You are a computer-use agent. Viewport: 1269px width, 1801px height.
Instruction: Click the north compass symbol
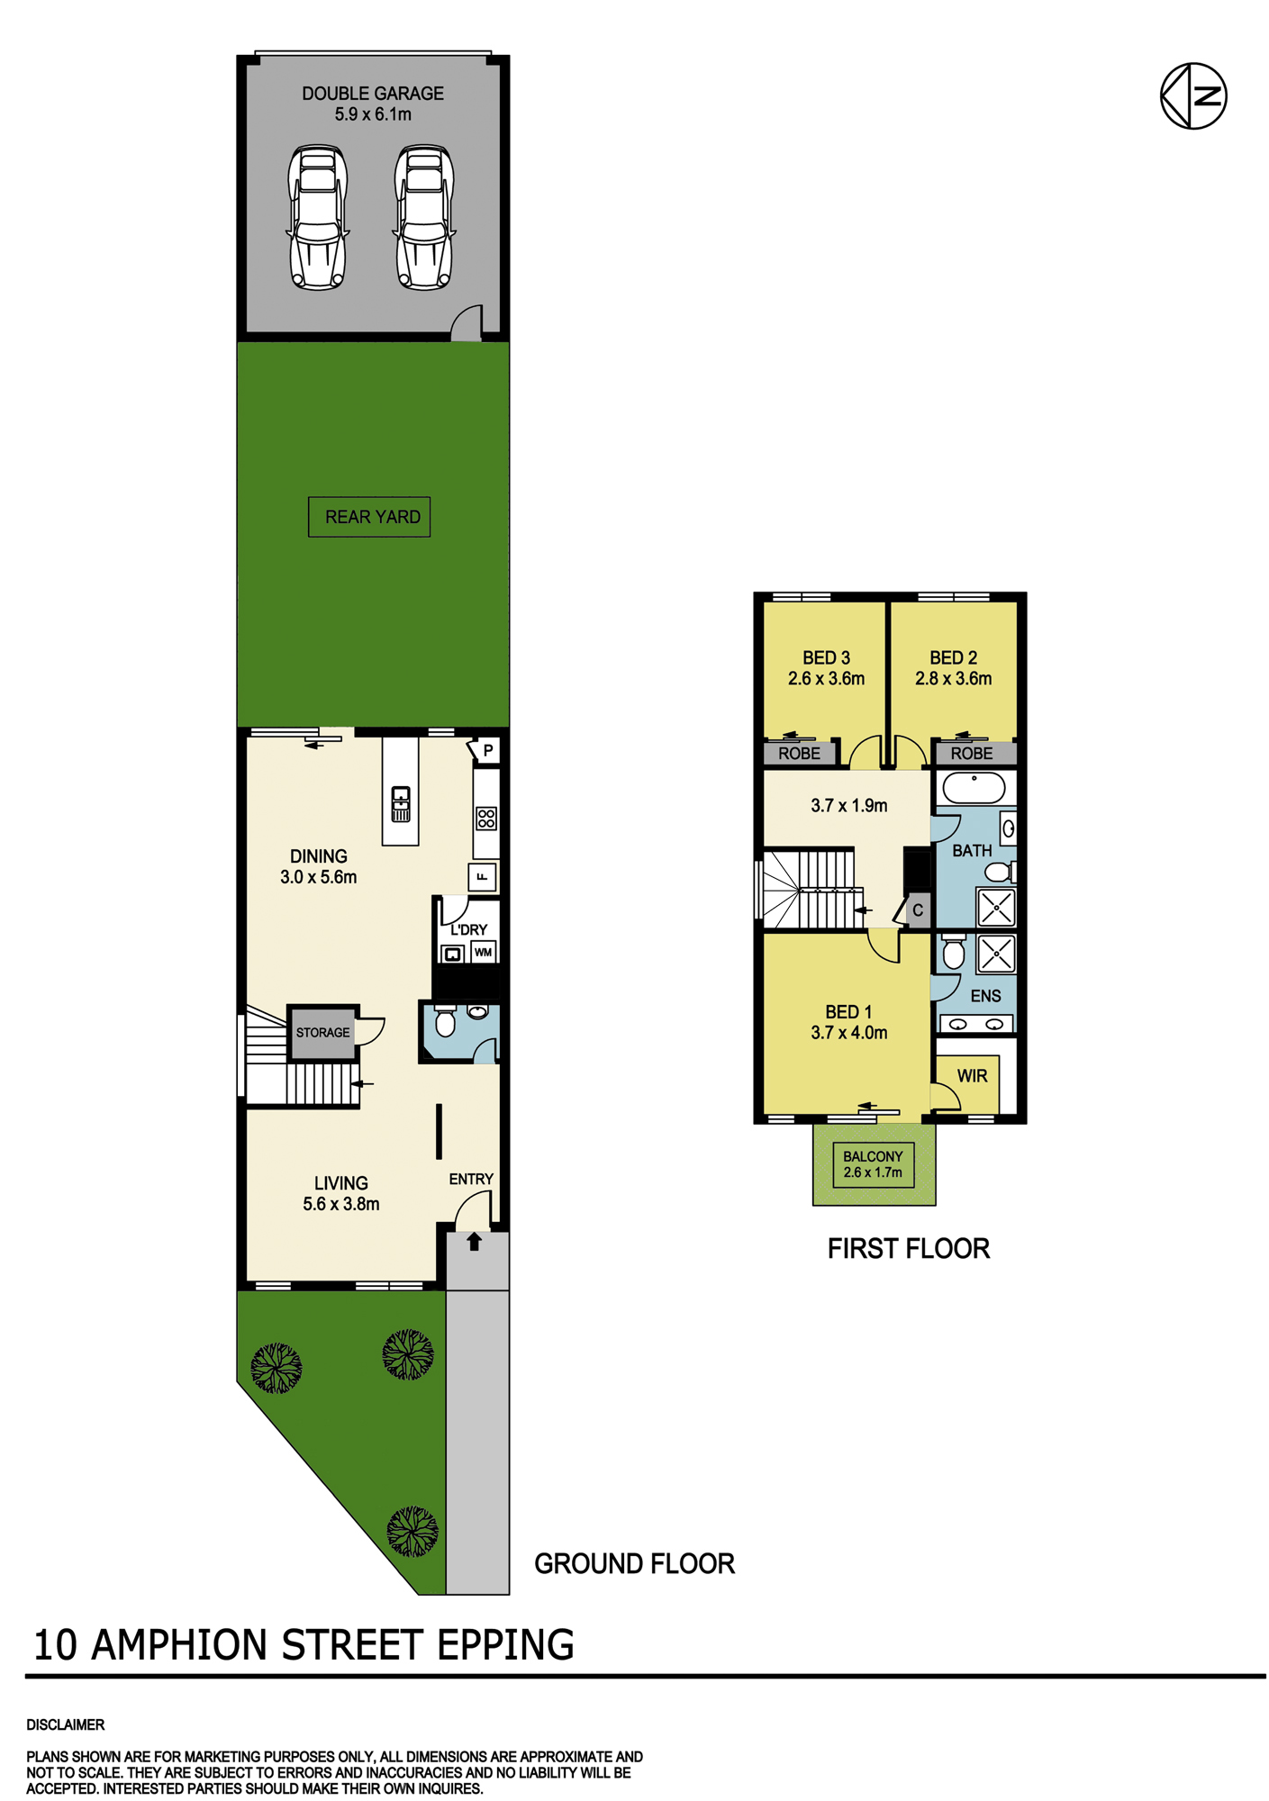(x=1193, y=95)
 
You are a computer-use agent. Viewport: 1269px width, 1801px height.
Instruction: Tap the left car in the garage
(x=318, y=217)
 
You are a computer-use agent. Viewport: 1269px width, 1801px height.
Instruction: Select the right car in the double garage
(x=424, y=217)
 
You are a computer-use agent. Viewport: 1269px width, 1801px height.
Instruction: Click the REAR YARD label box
(x=369, y=517)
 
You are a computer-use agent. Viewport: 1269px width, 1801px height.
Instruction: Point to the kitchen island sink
(x=401, y=803)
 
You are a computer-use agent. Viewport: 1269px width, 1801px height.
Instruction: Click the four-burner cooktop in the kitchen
(x=486, y=819)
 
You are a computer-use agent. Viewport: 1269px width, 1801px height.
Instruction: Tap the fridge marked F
(x=483, y=877)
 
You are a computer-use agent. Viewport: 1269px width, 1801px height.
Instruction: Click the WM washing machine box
(x=484, y=952)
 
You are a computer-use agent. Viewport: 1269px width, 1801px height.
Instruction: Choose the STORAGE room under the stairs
(x=322, y=1032)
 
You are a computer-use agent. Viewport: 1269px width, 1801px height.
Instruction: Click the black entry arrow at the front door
(x=475, y=1242)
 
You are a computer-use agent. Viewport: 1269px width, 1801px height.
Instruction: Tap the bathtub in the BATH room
(x=974, y=789)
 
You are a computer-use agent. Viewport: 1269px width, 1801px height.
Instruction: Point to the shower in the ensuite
(x=996, y=954)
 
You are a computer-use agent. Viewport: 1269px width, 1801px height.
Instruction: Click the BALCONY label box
(x=874, y=1164)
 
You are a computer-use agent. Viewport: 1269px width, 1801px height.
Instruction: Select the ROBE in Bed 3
(x=799, y=753)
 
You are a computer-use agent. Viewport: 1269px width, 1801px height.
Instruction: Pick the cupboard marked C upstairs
(x=917, y=910)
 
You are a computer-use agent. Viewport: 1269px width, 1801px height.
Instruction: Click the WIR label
(x=972, y=1076)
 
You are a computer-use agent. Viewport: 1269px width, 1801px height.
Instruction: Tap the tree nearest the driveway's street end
(x=412, y=1531)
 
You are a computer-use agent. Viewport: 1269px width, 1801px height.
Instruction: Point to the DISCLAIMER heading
(x=66, y=1724)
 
